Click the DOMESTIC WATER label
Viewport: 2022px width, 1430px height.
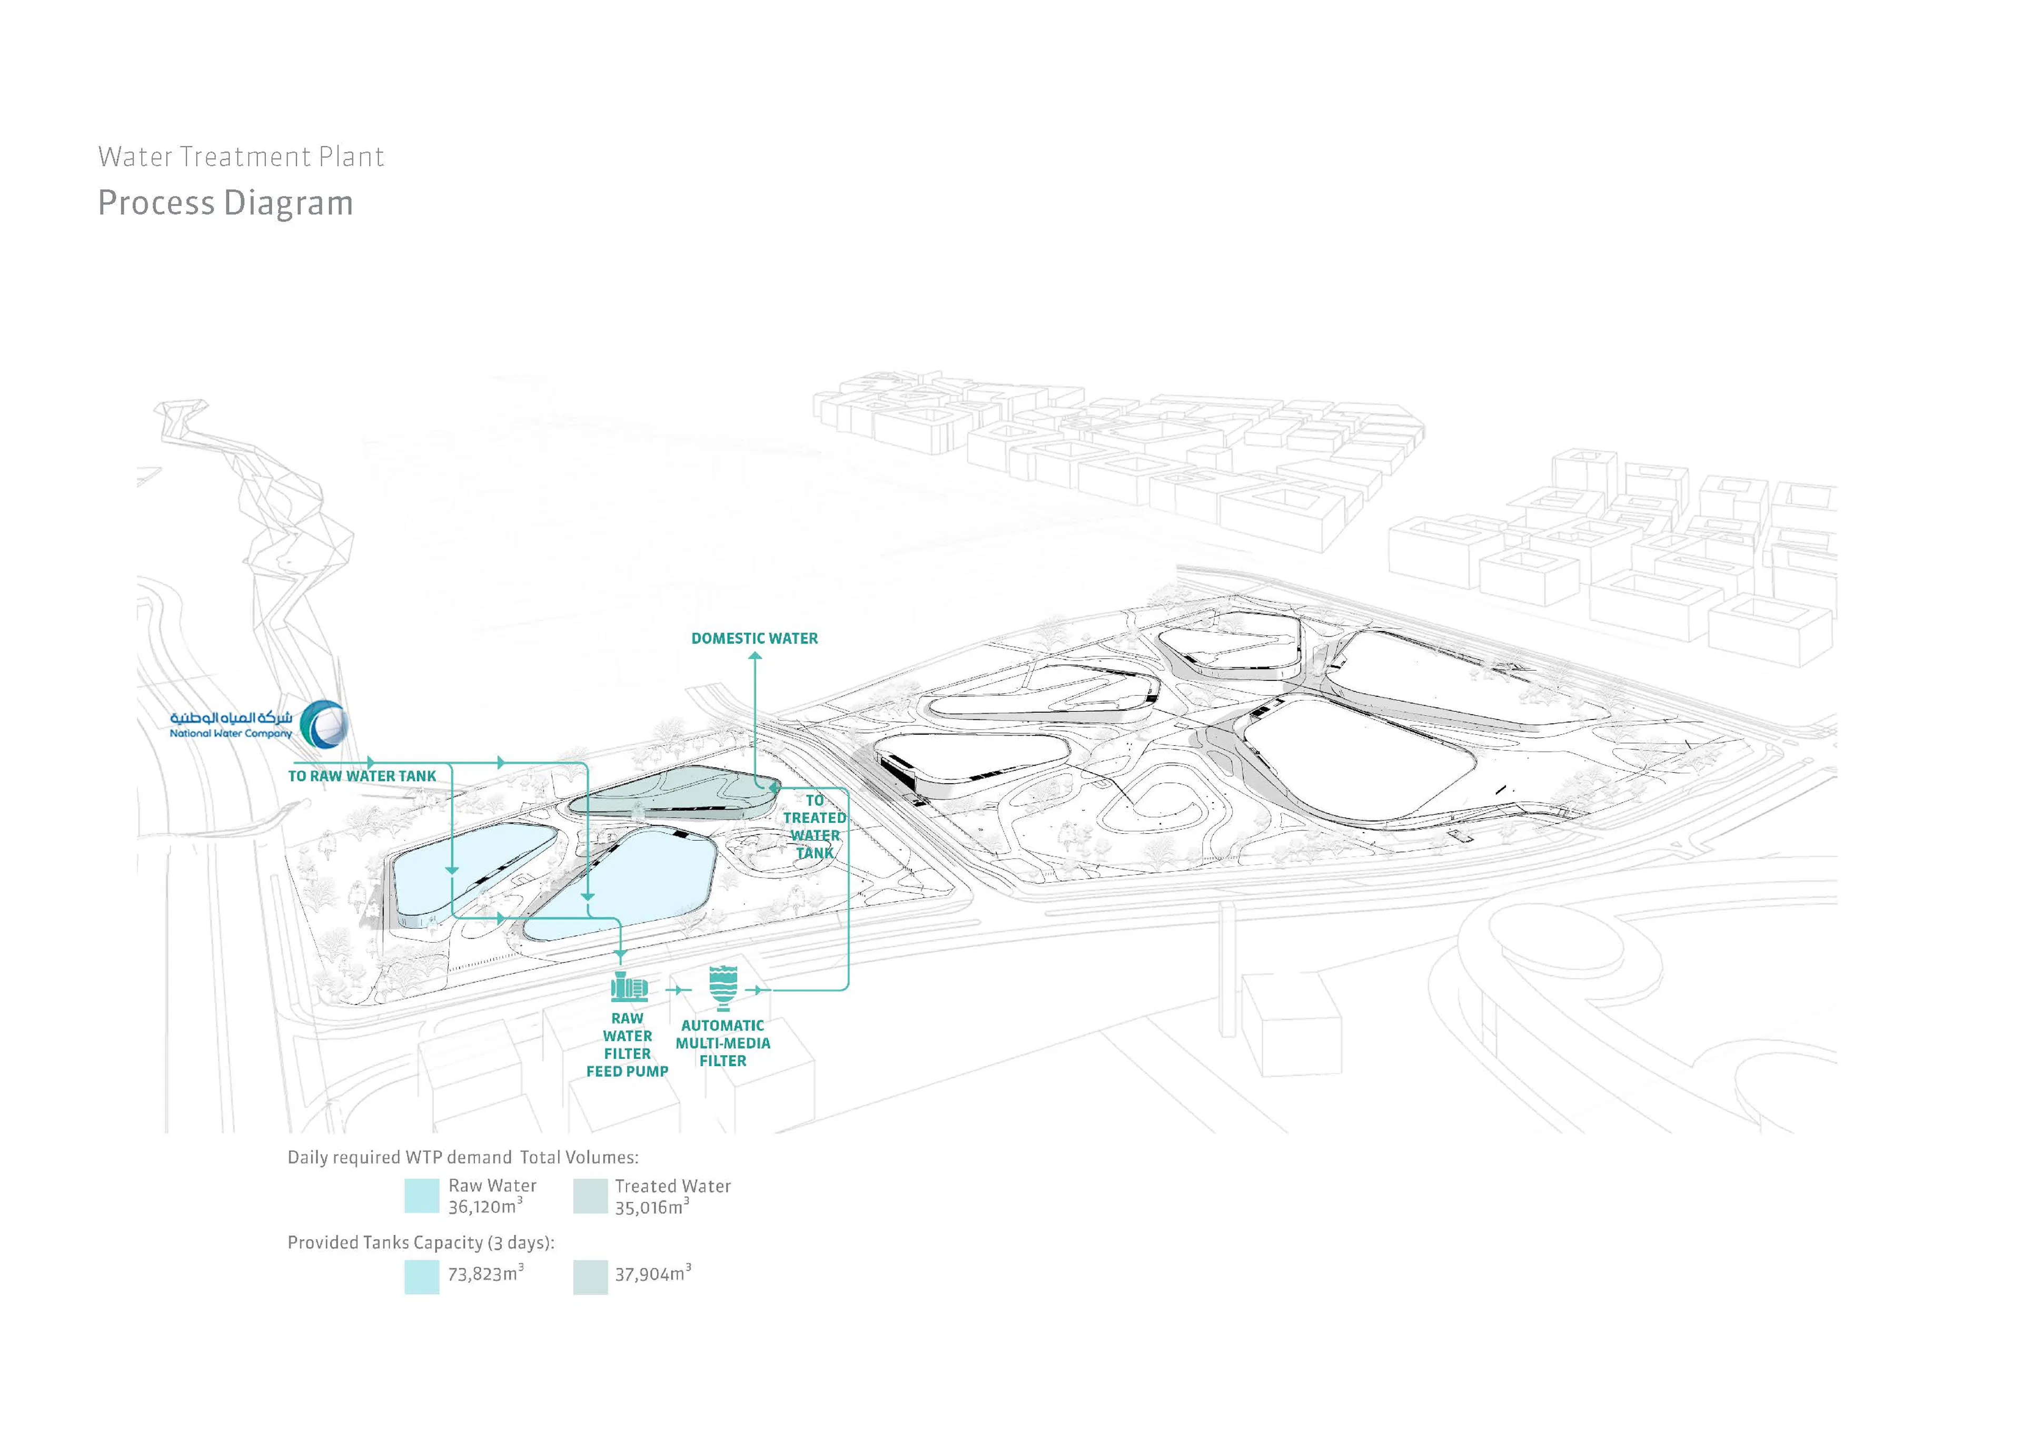tap(754, 638)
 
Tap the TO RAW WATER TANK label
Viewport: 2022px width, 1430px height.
tap(362, 776)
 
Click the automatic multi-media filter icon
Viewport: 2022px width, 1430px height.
tap(723, 987)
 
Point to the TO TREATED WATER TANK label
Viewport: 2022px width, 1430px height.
tap(815, 826)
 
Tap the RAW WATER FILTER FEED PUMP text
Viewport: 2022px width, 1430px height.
tap(627, 1045)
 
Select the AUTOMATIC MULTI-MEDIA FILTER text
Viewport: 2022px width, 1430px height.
tap(723, 1043)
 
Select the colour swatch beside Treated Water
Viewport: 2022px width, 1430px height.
tap(590, 1197)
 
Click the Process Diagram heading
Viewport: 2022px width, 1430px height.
tap(225, 203)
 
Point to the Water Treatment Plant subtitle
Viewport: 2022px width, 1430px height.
tap(241, 157)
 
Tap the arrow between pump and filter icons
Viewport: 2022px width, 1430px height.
tap(676, 990)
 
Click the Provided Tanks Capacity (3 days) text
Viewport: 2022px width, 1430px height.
tap(421, 1242)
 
